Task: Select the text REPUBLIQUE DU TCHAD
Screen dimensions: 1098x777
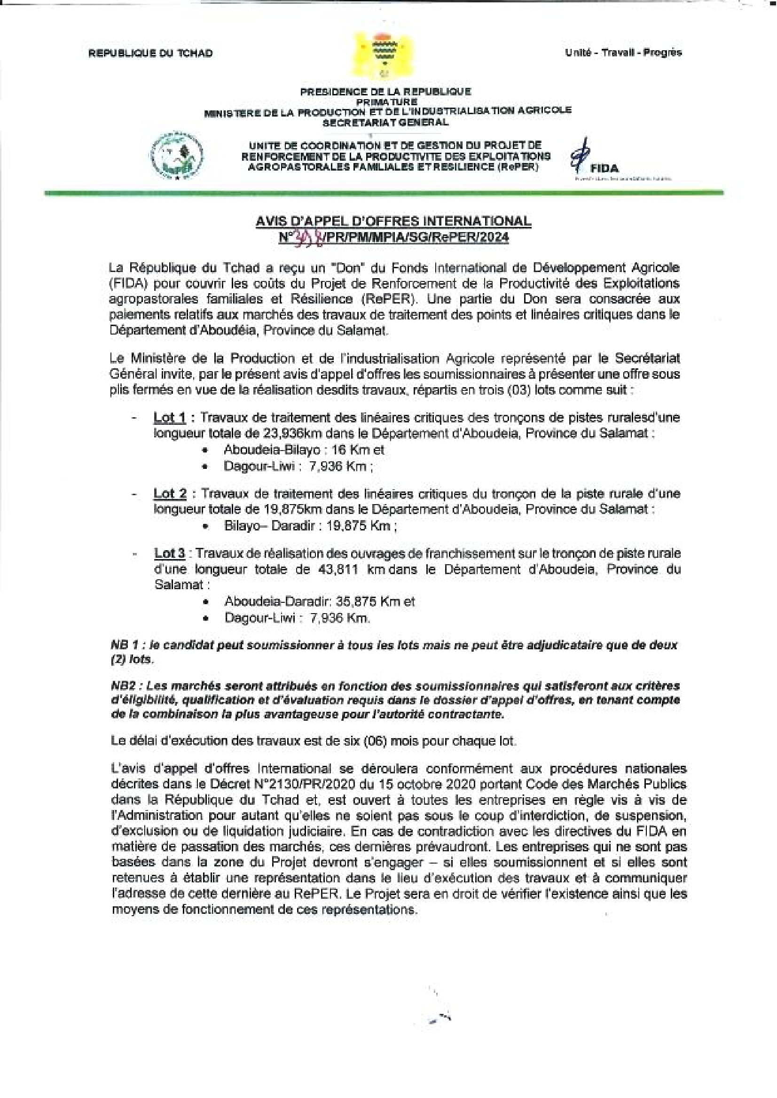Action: click(150, 53)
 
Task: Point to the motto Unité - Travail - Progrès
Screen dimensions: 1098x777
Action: click(623, 53)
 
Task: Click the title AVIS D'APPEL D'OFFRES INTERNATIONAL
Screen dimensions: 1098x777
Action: click(393, 221)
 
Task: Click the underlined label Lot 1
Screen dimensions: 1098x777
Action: click(170, 418)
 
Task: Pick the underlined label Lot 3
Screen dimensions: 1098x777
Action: click(170, 553)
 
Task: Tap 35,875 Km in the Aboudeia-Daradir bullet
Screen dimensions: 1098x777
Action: click(369, 601)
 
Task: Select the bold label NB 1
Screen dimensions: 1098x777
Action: click(125, 645)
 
